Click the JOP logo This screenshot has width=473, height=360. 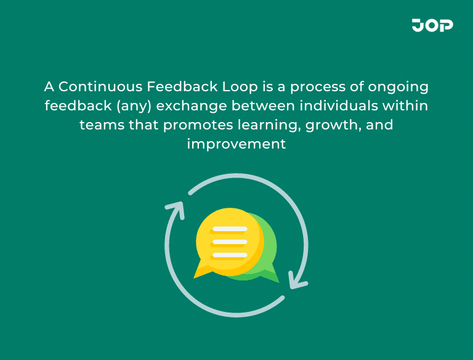[432, 25]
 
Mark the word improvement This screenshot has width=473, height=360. [236, 145]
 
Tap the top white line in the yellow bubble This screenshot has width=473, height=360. [229, 229]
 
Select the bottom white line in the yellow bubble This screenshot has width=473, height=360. [229, 255]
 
